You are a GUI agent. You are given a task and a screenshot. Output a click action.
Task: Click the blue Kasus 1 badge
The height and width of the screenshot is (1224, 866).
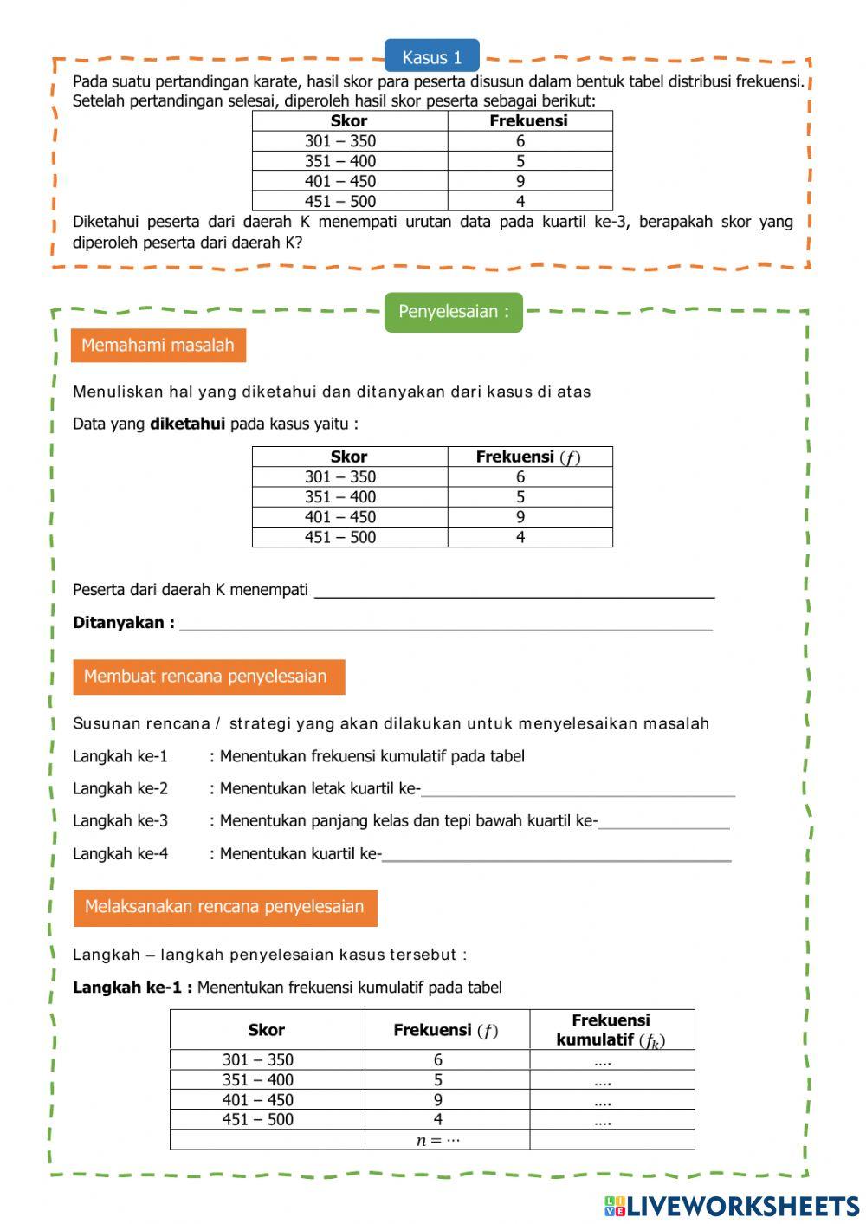point(431,57)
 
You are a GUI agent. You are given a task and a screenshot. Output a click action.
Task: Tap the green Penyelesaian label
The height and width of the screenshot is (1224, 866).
point(454,312)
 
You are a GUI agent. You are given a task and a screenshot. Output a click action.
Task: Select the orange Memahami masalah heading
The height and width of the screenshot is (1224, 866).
point(158,346)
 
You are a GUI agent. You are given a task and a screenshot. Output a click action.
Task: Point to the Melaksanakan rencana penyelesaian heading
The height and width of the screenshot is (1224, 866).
point(225,907)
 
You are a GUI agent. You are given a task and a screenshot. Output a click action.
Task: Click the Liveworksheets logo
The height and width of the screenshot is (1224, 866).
point(732,1206)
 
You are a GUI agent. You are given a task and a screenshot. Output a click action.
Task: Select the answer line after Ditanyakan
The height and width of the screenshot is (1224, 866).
point(446,623)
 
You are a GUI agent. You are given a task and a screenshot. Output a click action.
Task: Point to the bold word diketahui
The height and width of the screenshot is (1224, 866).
point(187,424)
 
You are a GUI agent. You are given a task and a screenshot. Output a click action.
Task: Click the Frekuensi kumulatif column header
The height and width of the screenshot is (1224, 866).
point(611,1030)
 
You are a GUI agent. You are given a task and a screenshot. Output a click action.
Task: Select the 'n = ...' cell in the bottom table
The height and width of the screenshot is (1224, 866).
point(438,1140)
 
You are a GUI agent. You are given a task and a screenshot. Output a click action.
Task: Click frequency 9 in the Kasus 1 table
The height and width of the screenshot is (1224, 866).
point(520,181)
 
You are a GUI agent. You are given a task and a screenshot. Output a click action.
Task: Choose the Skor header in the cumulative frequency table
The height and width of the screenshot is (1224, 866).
point(267,1030)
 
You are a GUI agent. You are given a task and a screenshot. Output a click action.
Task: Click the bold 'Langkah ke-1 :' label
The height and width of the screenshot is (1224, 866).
point(132,988)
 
